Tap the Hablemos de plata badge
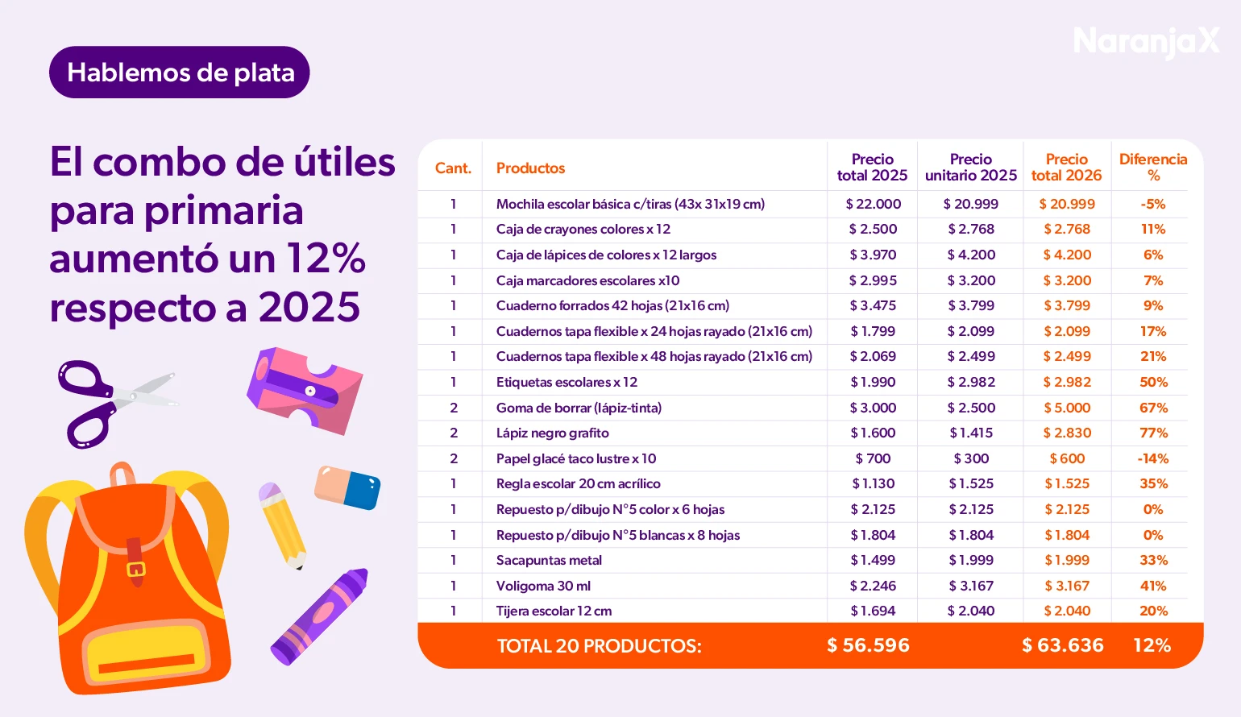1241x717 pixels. [180, 73]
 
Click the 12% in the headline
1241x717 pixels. [326, 259]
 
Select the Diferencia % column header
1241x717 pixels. [1152, 168]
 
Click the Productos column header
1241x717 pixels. [530, 168]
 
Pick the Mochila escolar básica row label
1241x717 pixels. [630, 204]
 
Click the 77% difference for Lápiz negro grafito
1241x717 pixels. [1153, 433]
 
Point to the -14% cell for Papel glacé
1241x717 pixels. [1152, 458]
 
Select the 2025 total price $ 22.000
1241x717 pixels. [873, 204]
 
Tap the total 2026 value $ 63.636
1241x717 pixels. [1062, 645]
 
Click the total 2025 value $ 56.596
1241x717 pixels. [868, 645]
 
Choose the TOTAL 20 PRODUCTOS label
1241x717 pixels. [599, 646]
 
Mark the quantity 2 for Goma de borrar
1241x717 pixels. [453, 408]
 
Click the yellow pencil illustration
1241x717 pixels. [281, 524]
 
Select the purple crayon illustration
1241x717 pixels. [320, 615]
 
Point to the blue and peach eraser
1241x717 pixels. [347, 487]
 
